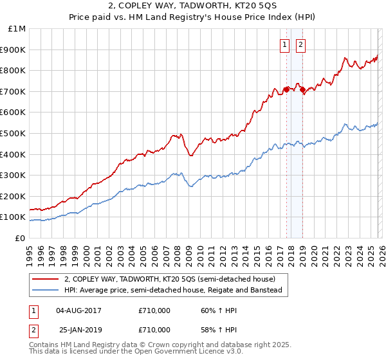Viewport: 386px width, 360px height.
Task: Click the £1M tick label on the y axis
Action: (17, 29)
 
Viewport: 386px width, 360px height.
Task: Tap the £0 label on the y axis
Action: (21, 238)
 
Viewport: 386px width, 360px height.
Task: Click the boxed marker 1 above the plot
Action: (284, 44)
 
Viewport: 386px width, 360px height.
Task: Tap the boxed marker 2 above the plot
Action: (300, 44)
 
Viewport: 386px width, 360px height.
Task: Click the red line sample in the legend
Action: (46, 279)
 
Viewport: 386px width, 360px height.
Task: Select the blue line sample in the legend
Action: (46, 290)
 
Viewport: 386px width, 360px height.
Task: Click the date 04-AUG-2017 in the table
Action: (78, 310)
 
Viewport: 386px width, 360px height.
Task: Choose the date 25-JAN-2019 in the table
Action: (78, 328)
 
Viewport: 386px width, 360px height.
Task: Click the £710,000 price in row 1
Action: (154, 310)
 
